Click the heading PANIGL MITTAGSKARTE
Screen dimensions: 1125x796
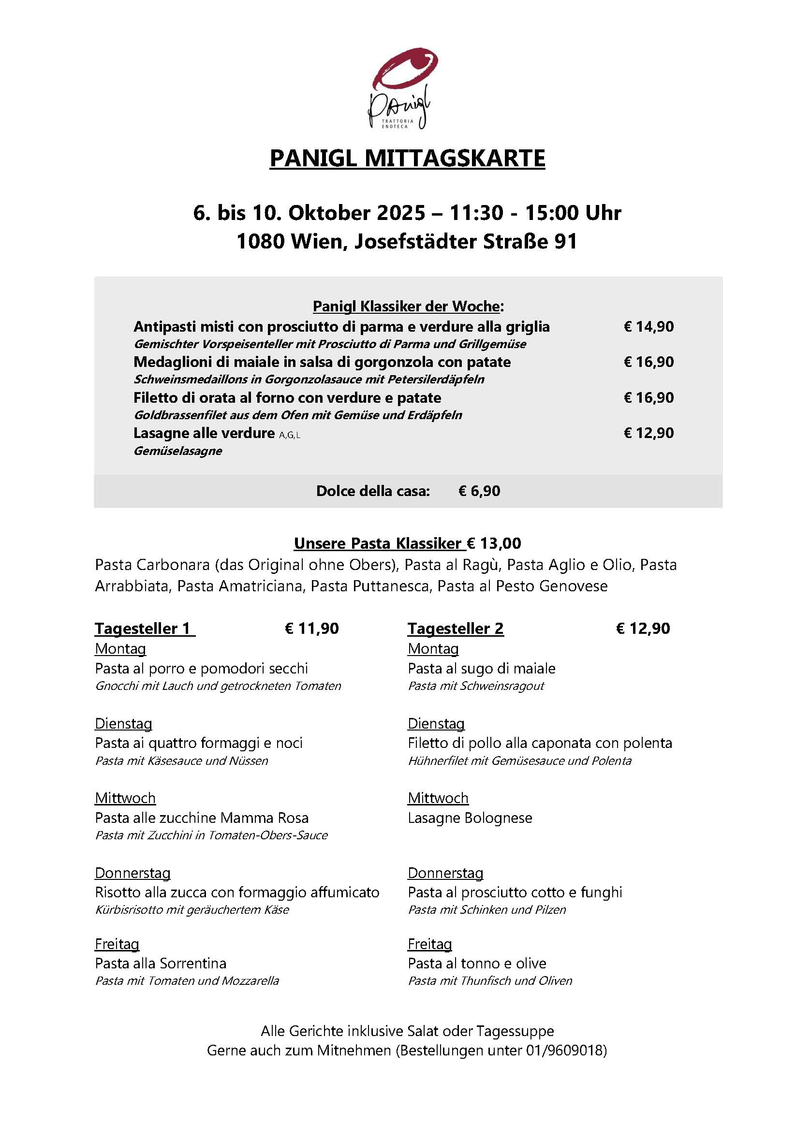[407, 158]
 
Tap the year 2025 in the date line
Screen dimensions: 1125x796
[401, 213]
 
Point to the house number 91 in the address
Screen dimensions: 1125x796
[566, 241]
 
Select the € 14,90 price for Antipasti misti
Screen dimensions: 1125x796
[649, 326]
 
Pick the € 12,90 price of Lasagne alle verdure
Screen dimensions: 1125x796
[649, 433]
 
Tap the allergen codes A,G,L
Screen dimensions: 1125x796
[290, 435]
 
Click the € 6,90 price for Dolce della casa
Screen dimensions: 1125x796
[479, 491]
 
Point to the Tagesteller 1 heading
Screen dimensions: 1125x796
[143, 628]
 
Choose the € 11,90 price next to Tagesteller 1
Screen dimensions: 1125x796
[312, 628]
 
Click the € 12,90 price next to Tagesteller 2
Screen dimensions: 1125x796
[643, 628]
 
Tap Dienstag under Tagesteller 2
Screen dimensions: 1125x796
[436, 724]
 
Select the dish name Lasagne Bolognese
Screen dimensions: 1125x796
[470, 818]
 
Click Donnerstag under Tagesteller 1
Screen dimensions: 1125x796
[133, 873]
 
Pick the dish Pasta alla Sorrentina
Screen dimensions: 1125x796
[161, 964]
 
